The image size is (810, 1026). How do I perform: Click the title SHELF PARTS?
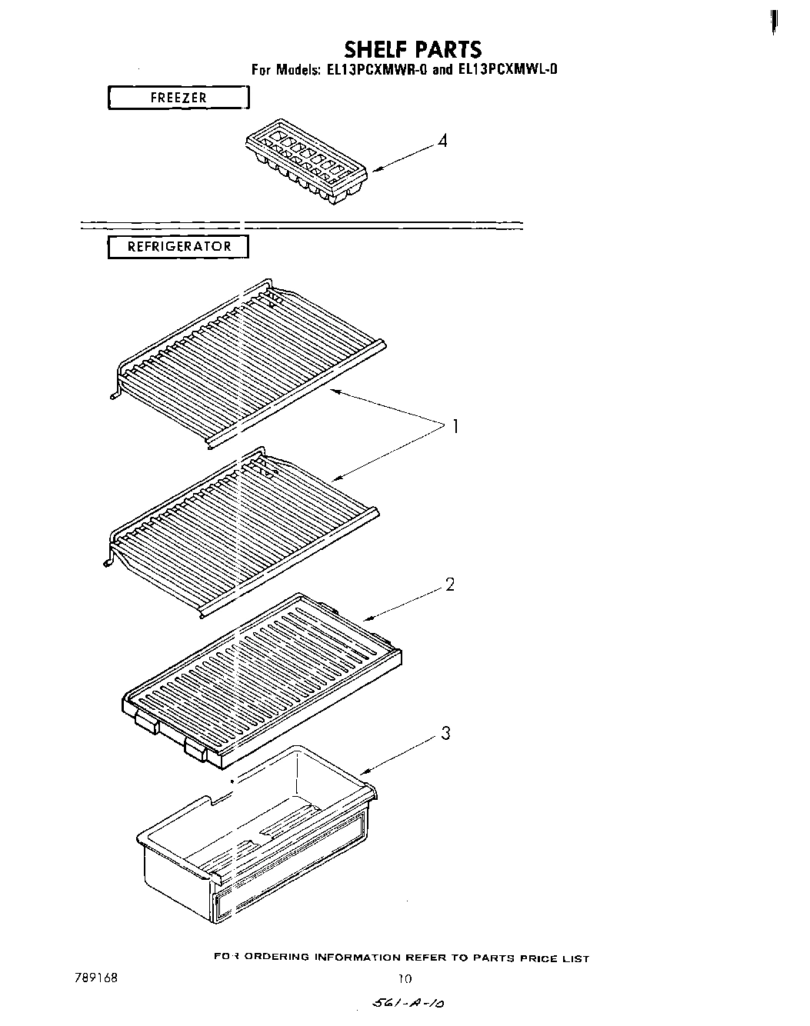pyautogui.click(x=412, y=49)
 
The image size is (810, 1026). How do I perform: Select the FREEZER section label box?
pyautogui.click(x=178, y=98)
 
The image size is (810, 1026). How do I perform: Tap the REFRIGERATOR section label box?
pyautogui.click(x=178, y=247)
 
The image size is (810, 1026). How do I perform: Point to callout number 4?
pyautogui.click(x=442, y=142)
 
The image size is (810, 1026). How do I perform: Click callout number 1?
pyautogui.click(x=455, y=426)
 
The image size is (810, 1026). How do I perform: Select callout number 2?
pyautogui.click(x=450, y=585)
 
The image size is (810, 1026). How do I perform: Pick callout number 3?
pyautogui.click(x=445, y=734)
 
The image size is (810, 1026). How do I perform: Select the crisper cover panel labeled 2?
pyautogui.click(x=262, y=677)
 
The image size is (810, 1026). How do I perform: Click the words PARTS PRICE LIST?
pyautogui.click(x=531, y=958)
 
